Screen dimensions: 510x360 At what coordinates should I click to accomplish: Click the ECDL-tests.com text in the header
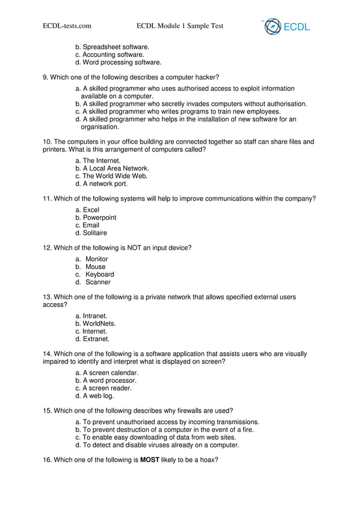(x=67, y=25)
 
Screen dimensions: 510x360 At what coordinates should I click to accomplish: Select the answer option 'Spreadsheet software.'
(x=116, y=47)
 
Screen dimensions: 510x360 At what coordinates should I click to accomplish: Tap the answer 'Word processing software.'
(x=121, y=63)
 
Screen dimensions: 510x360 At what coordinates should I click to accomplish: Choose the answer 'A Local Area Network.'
(x=116, y=168)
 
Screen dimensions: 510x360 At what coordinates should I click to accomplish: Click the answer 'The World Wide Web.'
(x=115, y=176)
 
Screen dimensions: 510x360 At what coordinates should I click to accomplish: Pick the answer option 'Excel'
(x=91, y=210)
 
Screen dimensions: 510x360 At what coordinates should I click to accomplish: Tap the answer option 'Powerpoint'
(x=99, y=217)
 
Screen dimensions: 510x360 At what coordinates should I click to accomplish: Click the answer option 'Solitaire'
(x=94, y=233)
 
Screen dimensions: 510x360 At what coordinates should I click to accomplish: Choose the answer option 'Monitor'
(x=96, y=259)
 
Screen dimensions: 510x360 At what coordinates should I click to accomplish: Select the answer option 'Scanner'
(x=98, y=282)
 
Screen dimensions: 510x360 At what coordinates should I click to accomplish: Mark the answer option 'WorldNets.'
(x=99, y=324)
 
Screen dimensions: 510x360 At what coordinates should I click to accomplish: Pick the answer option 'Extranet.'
(x=96, y=339)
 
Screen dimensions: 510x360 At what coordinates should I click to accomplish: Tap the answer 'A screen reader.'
(x=107, y=388)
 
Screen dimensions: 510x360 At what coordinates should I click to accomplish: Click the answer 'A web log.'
(x=98, y=396)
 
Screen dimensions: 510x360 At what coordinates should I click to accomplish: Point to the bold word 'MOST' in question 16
(x=150, y=460)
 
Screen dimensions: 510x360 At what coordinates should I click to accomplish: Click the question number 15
(x=47, y=411)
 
